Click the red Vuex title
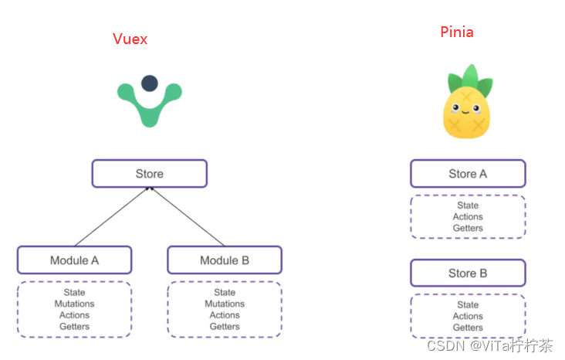(130, 39)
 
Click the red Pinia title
(457, 32)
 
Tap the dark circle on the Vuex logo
(150, 83)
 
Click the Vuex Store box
(150, 174)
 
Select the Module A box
(75, 260)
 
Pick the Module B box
(225, 260)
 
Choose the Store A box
(468, 174)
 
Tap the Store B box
(468, 273)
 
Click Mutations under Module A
(75, 304)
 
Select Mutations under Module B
(225, 304)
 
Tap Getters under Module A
(75, 326)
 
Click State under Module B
(225, 293)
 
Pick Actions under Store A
(468, 217)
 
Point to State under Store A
(468, 205)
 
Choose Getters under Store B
(468, 327)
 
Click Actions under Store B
(468, 316)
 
